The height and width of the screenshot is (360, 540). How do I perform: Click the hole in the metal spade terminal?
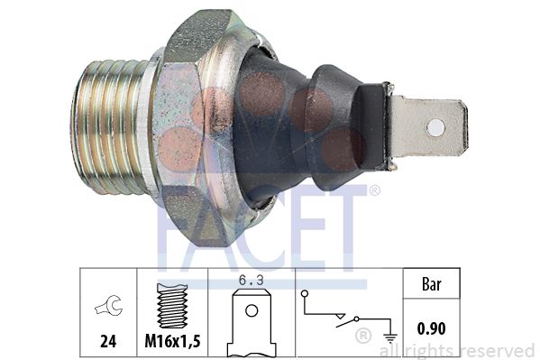point(435,127)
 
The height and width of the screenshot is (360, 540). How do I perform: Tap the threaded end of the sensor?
point(108,127)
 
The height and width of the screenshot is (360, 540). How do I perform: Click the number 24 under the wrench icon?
point(108,341)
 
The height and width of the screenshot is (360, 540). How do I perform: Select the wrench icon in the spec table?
point(109,305)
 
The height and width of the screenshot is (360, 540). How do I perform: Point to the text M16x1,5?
point(172,341)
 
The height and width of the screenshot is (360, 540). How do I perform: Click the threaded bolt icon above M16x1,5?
point(172,306)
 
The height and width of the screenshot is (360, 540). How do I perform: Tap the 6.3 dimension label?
point(252,281)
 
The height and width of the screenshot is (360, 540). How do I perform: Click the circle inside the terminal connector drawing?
point(252,310)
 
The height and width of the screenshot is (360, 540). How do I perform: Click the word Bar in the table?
point(431,284)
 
